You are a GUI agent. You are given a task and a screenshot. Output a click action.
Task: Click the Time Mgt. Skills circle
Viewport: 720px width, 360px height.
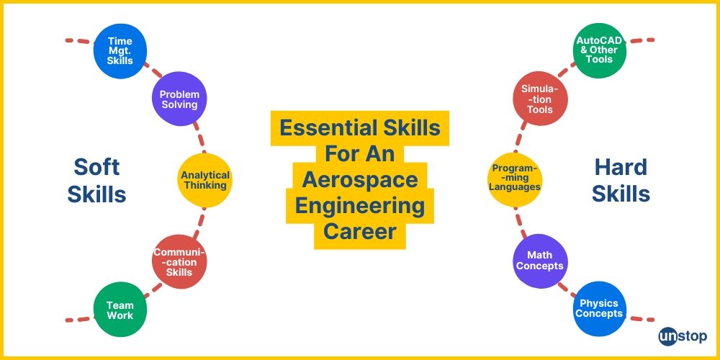coord(120,50)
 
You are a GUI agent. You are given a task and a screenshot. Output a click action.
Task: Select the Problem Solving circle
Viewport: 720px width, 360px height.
coord(179,99)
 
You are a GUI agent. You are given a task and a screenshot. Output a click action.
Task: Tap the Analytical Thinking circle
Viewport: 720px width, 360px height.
coord(205,180)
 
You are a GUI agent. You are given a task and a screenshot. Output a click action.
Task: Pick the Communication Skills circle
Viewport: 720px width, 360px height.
coord(179,262)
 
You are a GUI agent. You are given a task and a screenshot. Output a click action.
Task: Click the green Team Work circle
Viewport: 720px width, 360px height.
coord(120,310)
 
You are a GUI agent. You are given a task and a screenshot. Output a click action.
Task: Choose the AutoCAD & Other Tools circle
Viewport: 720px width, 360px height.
coord(600,50)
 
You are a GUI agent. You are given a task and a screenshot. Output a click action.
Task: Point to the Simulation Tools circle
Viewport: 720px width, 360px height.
coord(540,99)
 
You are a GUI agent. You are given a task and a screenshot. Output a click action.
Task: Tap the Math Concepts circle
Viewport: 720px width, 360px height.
coord(540,261)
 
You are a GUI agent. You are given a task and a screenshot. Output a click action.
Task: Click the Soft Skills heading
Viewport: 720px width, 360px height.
coord(96,180)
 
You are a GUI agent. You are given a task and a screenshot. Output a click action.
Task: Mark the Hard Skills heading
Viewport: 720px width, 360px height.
coord(621,180)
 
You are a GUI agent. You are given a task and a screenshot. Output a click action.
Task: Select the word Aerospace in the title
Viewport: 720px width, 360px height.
coord(360,180)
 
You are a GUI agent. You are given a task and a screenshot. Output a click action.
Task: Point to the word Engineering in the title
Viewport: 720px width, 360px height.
coord(360,206)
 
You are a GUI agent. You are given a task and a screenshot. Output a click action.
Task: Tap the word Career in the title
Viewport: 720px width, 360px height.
coord(360,232)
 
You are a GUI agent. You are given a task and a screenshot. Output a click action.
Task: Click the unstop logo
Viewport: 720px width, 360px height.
coord(683,336)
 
